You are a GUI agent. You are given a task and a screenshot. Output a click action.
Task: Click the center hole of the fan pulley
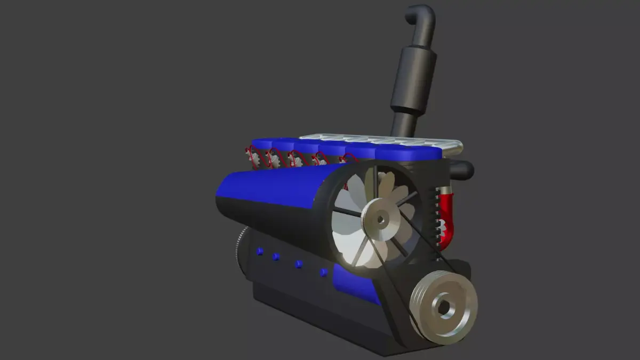(380, 219)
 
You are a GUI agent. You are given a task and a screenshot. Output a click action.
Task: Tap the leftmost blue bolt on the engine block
(260, 251)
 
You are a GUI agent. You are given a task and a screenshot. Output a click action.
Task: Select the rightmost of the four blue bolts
(323, 273)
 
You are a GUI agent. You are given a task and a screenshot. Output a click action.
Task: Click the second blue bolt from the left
(276, 257)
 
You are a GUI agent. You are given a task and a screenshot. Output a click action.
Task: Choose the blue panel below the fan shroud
(355, 283)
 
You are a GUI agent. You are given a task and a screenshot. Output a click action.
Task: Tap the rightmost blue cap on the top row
(408, 153)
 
